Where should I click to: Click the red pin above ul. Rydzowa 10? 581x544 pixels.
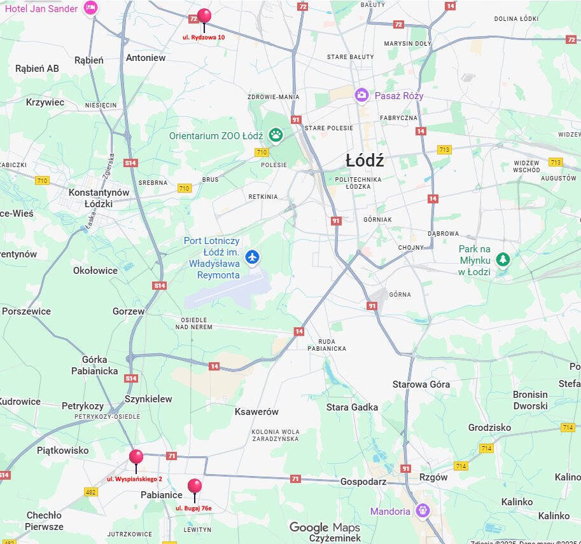pyautogui.click(x=204, y=16)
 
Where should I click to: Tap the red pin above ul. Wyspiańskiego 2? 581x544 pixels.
pyautogui.click(x=136, y=457)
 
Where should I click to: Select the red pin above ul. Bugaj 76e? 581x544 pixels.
pyautogui.click(x=195, y=487)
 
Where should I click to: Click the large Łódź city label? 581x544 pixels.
pyautogui.click(x=365, y=161)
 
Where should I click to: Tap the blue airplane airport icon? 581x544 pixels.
pyautogui.click(x=253, y=257)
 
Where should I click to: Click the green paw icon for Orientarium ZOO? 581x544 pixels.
pyautogui.click(x=276, y=134)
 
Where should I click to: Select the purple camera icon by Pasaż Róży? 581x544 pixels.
pyautogui.click(x=361, y=95)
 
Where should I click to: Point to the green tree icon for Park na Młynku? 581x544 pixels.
pyautogui.click(x=503, y=259)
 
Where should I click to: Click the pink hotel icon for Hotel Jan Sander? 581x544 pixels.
pyautogui.click(x=91, y=8)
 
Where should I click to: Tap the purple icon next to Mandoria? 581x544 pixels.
pyautogui.click(x=423, y=510)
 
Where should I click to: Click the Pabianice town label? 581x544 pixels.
pyautogui.click(x=162, y=494)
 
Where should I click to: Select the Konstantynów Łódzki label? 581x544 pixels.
pyautogui.click(x=99, y=198)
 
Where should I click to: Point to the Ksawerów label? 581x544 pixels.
pyautogui.click(x=256, y=411)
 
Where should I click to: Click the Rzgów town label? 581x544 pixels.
pyautogui.click(x=433, y=477)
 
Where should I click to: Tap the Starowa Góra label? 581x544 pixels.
pyautogui.click(x=421, y=384)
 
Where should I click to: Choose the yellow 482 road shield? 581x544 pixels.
pyautogui.click(x=91, y=492)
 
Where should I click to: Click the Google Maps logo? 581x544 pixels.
pyautogui.click(x=325, y=527)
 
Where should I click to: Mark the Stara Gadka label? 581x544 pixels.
pyautogui.click(x=352, y=407)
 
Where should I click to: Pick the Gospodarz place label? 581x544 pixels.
pyautogui.click(x=363, y=482)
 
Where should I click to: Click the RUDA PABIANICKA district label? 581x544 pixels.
pyautogui.click(x=326, y=344)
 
